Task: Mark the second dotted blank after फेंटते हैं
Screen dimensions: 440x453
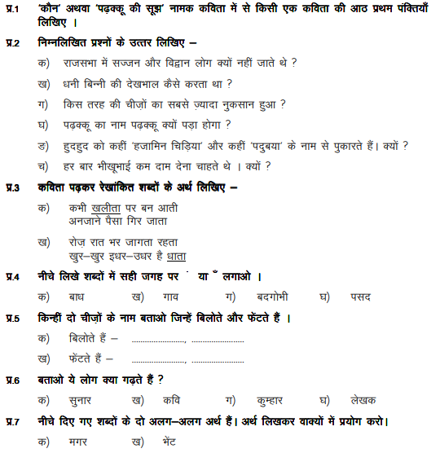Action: pos(217,359)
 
